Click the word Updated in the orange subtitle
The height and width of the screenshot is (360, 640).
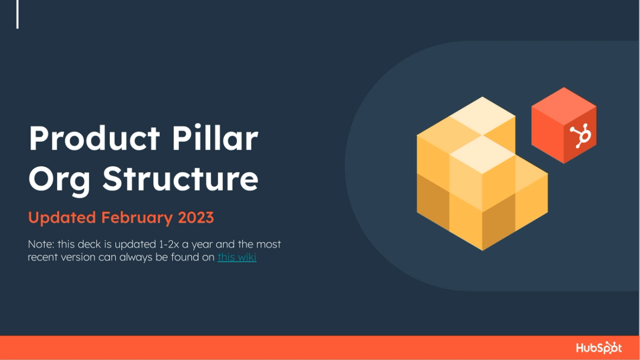click(x=62, y=218)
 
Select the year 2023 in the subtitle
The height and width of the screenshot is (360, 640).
click(x=196, y=218)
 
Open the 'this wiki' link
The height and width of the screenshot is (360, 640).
click(x=237, y=257)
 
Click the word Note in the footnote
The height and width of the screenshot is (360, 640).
click(x=41, y=244)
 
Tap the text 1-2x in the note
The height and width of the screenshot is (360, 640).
click(x=169, y=244)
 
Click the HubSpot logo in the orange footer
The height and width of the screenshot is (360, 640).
click(x=599, y=348)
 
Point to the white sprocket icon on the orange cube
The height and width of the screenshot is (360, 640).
click(x=580, y=136)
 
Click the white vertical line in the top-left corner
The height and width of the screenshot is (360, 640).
click(x=17, y=14)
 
